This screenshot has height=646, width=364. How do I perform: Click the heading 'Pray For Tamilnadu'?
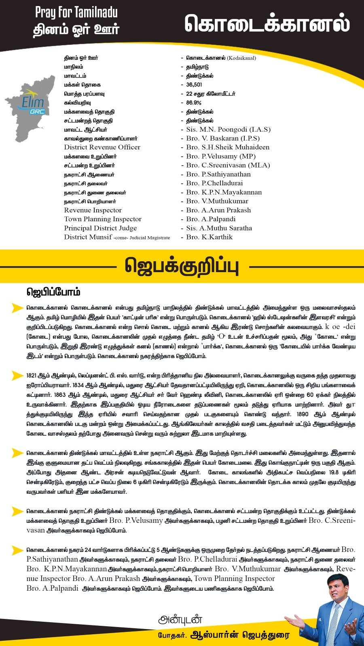(76, 13)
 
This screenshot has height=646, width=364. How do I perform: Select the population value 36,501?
(194, 85)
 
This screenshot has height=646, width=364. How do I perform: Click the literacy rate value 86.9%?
(194, 103)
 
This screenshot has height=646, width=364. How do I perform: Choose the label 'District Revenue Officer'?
(102, 147)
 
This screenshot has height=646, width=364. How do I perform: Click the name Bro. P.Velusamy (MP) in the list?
(221, 156)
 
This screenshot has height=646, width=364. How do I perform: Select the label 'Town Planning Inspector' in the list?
(103, 219)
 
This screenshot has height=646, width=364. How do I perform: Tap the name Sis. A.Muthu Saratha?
(219, 228)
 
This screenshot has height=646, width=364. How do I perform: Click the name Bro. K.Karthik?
(209, 237)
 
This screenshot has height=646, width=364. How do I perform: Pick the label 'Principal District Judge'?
(100, 228)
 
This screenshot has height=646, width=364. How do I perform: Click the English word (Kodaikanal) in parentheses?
(241, 58)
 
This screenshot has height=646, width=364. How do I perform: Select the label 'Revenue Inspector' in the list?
(93, 210)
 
